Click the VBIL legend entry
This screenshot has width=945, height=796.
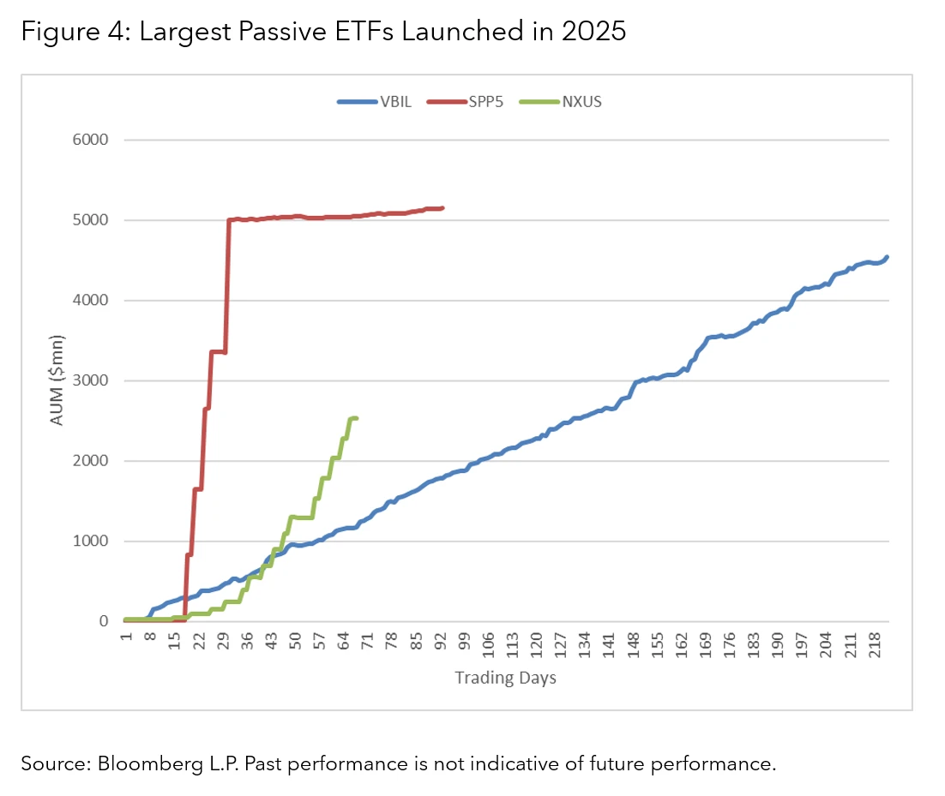(396, 101)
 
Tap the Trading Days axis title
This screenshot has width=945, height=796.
(505, 678)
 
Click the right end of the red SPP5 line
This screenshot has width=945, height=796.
(442, 207)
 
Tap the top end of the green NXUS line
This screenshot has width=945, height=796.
(355, 418)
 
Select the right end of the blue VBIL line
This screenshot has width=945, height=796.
(886, 257)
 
